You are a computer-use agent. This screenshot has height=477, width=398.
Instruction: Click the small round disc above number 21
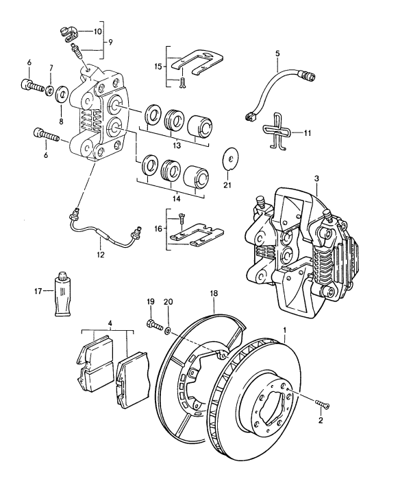(x=232, y=161)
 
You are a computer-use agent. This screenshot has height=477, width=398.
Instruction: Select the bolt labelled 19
(x=151, y=323)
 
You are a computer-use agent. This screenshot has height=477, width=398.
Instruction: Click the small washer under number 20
(x=168, y=331)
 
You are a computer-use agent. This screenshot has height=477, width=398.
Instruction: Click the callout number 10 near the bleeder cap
(x=97, y=31)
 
